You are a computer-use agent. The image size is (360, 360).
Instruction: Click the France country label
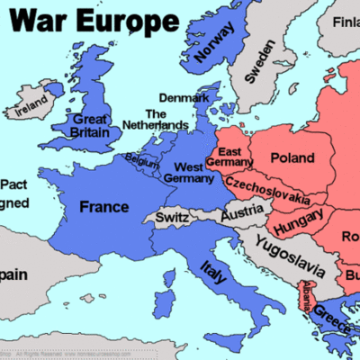click(104, 207)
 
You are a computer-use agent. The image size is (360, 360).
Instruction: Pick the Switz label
click(173, 218)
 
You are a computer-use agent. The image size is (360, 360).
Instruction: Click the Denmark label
click(184, 97)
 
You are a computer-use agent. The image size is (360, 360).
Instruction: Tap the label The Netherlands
click(155, 120)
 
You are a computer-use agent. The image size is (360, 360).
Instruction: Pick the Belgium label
click(142, 159)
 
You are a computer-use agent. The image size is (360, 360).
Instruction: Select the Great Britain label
click(95, 125)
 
